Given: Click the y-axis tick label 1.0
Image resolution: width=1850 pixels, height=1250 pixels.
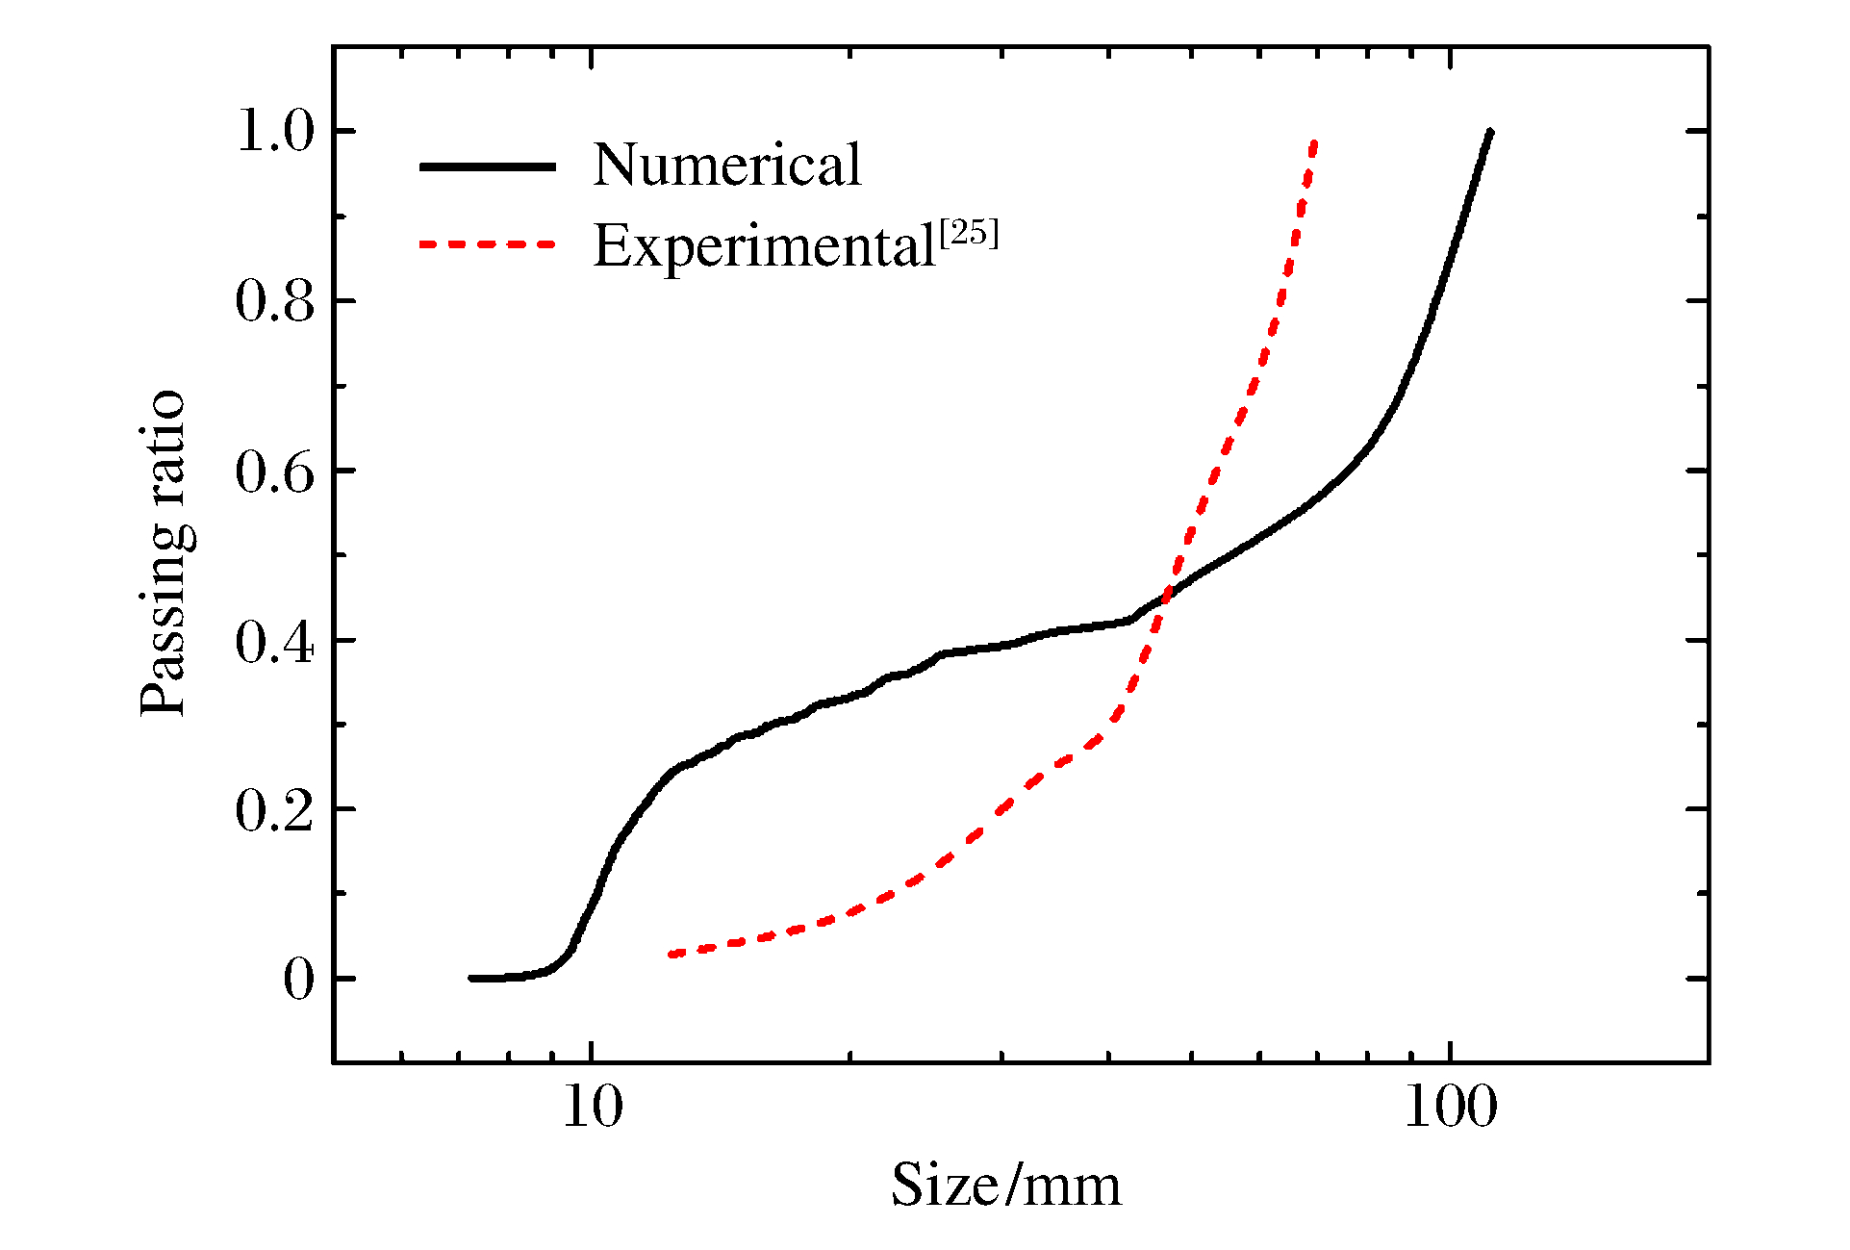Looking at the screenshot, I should tap(275, 131).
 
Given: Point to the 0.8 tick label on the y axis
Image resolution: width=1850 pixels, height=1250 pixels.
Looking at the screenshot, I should tap(275, 301).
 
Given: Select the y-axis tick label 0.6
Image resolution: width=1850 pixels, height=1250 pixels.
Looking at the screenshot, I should tap(275, 471).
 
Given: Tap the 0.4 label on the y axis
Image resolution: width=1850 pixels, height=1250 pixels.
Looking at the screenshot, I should tap(275, 641).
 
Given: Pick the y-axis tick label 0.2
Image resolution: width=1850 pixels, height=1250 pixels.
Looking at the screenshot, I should tap(275, 810).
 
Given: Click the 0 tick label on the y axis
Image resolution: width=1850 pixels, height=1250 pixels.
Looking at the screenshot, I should tap(298, 980).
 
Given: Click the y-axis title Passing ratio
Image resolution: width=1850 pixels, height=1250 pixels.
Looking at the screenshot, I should tap(163, 553).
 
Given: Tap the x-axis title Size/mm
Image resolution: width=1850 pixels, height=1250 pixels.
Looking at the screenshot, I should tap(1006, 1185).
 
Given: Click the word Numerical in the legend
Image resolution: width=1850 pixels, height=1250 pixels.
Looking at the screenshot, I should tap(726, 165).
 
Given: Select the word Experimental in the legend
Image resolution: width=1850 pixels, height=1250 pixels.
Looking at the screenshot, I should tap(765, 246).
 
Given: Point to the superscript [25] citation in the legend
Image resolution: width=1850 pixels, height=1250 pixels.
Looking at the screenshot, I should tap(969, 233).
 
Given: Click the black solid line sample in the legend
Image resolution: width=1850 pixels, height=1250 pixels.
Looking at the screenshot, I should tap(488, 166).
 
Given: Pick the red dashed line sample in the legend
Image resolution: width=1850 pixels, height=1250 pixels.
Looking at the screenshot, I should tap(488, 244).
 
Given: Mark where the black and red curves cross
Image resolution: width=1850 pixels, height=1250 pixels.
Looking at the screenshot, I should tap(1166, 596).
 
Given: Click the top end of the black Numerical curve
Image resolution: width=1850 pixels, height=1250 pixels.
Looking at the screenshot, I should tap(1490, 131).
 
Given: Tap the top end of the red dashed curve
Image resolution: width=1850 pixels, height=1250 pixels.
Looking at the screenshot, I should tap(1314, 142).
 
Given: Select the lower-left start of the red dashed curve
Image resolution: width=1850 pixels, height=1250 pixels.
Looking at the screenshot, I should tap(671, 955).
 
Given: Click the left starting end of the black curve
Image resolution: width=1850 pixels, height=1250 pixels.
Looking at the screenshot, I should tap(471, 979).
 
